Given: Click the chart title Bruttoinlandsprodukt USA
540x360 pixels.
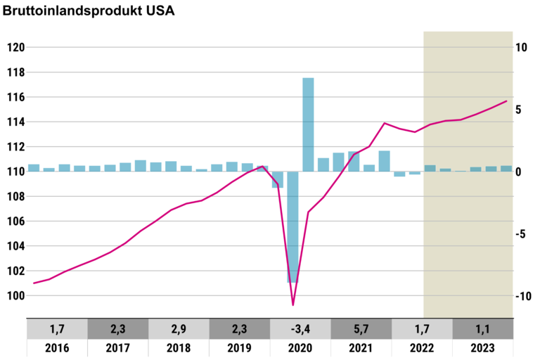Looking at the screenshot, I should pyautogui.click(x=89, y=11).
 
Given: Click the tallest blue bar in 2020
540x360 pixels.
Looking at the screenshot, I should pyautogui.click(x=308, y=124).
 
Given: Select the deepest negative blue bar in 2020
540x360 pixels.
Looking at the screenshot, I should pyautogui.click(x=292, y=226).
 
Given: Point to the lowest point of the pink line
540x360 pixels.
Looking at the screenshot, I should pyautogui.click(x=293, y=305).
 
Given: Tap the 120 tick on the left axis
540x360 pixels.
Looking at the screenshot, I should pyautogui.click(x=15, y=48).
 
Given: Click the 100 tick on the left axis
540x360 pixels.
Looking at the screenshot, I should pyautogui.click(x=15, y=296).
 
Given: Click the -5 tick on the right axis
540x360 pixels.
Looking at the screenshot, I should pyautogui.click(x=521, y=234).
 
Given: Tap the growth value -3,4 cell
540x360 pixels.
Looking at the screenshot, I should pyautogui.click(x=300, y=329).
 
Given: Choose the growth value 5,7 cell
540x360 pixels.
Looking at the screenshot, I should pyautogui.click(x=361, y=329).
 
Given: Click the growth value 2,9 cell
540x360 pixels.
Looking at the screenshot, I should pyautogui.click(x=179, y=329).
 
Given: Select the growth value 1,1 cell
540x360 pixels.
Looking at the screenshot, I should pyautogui.click(x=482, y=329).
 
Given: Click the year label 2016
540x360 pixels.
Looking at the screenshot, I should pyautogui.click(x=57, y=348).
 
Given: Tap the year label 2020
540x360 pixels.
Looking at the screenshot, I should pyautogui.click(x=300, y=348).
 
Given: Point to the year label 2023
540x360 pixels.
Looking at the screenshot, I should pyautogui.click(x=482, y=348).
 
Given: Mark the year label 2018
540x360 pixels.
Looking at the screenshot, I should pyautogui.click(x=179, y=348).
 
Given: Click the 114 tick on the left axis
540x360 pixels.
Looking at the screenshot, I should pyautogui.click(x=15, y=122).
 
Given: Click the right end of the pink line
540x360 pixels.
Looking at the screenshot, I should pyautogui.click(x=506, y=101).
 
